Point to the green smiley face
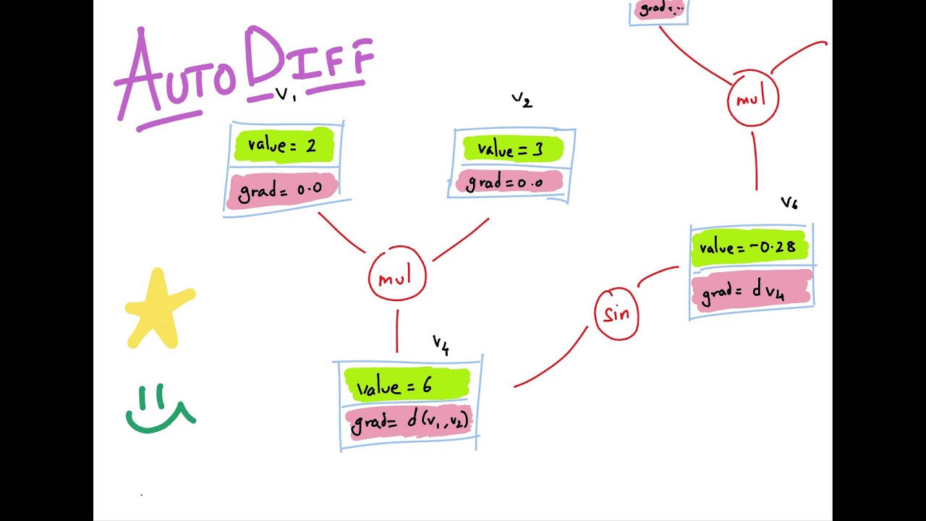160,411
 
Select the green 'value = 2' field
284,145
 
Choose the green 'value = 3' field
512,149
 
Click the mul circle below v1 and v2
397,276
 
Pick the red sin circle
616,314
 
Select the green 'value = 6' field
406,385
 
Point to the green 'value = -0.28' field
749,247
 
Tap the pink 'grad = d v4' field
749,292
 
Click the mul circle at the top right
752,99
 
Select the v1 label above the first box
286,95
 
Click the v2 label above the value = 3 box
522,100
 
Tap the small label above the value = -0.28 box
789,203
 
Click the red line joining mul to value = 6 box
397,331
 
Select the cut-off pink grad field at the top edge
659,9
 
